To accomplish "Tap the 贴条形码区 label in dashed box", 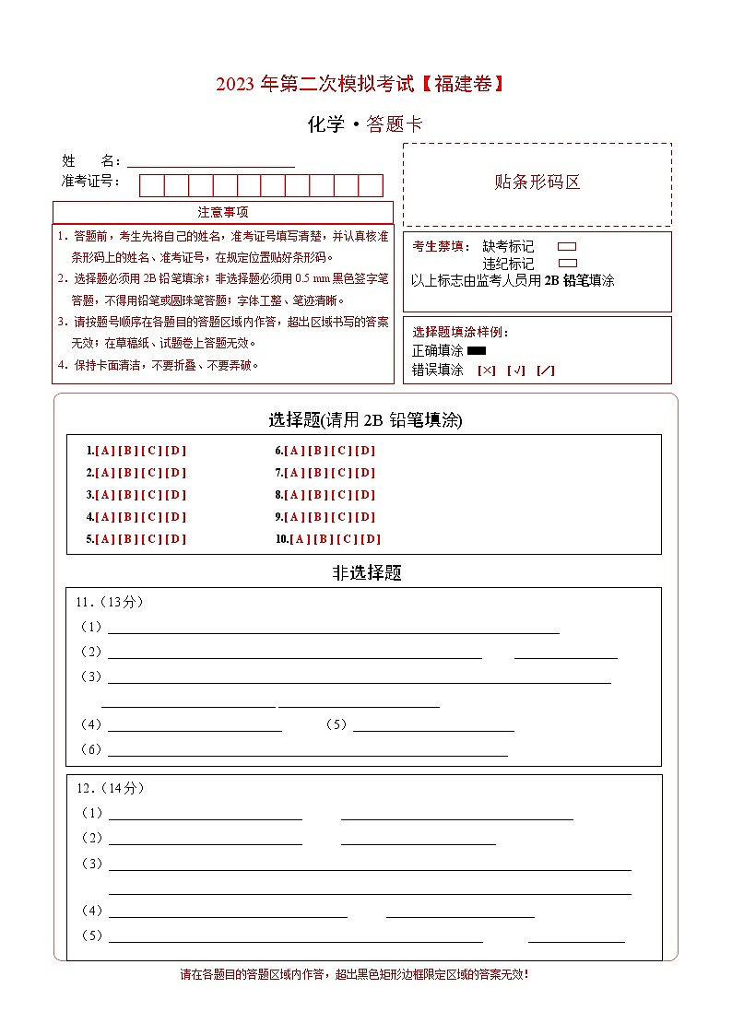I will click(537, 182).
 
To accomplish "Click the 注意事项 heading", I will click(222, 212).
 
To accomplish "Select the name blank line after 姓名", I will click(211, 162).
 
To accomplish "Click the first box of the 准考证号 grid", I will click(151, 185).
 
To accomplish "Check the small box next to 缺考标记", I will click(567, 247).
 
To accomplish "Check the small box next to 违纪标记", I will click(567, 264).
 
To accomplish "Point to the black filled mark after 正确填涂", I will click(477, 350).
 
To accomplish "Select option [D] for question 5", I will click(175, 539).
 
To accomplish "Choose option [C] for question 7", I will click(341, 473).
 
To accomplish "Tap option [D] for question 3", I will click(175, 495).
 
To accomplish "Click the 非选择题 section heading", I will click(367, 572).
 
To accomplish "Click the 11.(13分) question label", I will click(109, 602).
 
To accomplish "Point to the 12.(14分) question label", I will click(110, 788).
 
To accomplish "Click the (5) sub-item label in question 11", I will click(336, 724).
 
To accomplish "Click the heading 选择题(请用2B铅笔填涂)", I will click(365, 420).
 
